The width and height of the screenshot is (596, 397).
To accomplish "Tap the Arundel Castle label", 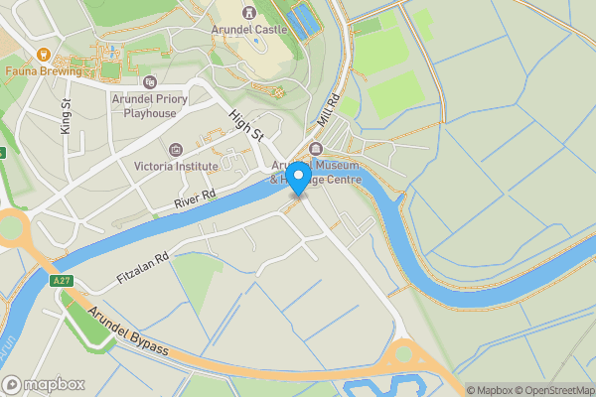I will tap(249, 30).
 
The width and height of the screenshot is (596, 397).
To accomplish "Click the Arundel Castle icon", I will tap(249, 13).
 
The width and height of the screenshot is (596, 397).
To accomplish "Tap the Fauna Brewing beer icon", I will tap(43, 55).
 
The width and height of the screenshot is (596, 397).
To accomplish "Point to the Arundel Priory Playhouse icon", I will tap(150, 82).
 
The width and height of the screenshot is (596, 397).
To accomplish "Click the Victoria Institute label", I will tap(176, 167).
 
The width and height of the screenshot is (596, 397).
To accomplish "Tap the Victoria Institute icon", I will tap(177, 150).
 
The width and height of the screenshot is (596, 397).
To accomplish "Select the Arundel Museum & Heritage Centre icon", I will tap(317, 149).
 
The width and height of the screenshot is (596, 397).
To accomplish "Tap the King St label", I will tap(67, 117).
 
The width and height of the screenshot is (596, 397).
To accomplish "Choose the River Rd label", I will tap(195, 198).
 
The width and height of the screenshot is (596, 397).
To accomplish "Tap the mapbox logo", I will tap(44, 384).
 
